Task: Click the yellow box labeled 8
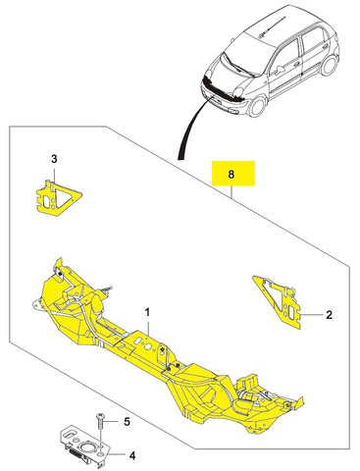(x=233, y=174)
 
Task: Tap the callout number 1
(x=147, y=312)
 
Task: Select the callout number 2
(x=329, y=315)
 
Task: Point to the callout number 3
(x=54, y=159)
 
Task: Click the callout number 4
(x=132, y=455)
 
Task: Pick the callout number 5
(x=127, y=422)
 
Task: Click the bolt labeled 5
(x=100, y=422)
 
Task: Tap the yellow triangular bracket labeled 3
(x=58, y=198)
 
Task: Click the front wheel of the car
(x=256, y=105)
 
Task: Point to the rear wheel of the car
(x=329, y=65)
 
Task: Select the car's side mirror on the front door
(x=281, y=70)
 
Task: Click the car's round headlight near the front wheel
(x=239, y=91)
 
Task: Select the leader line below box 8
(x=232, y=192)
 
